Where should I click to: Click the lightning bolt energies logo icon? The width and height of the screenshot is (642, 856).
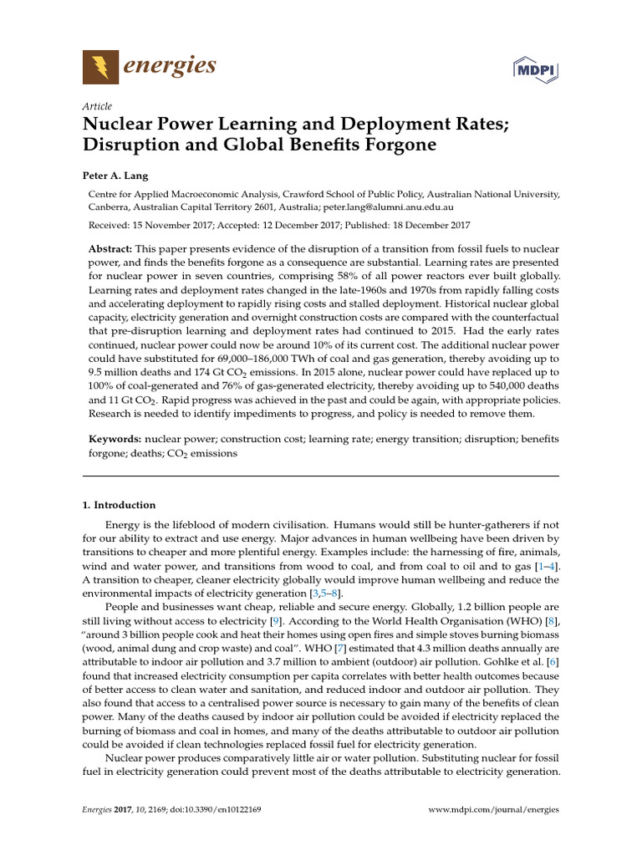[100, 66]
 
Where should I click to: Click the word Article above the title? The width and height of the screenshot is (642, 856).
[97, 106]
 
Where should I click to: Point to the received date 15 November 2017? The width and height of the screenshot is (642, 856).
[164, 225]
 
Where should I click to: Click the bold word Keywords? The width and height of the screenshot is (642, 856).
[115, 439]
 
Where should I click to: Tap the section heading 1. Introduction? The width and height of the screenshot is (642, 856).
[119, 505]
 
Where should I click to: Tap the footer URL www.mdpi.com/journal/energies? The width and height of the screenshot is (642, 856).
[493, 810]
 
